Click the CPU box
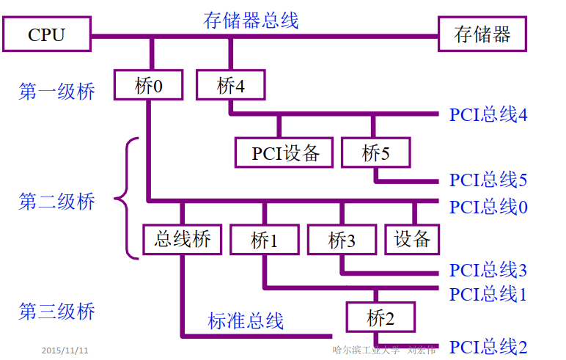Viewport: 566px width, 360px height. pyautogui.click(x=46, y=34)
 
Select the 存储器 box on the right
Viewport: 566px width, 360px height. pyautogui.click(x=482, y=34)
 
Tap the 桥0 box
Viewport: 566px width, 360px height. pyautogui.click(x=148, y=85)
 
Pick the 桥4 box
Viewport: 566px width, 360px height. pyautogui.click(x=230, y=85)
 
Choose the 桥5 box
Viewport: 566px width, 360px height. pyautogui.click(x=376, y=153)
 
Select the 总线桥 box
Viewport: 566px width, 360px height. pyautogui.click(x=183, y=239)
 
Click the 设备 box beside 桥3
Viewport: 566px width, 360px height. pyautogui.click(x=412, y=239)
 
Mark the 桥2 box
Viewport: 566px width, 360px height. pyautogui.click(x=381, y=318)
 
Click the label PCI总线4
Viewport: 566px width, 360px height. pyautogui.click(x=488, y=115)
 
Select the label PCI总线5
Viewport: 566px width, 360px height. pyautogui.click(x=488, y=180)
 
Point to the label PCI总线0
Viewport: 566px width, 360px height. pyautogui.click(x=488, y=207)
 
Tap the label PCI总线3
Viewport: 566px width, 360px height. pyautogui.click(x=488, y=270)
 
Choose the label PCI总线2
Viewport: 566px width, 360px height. pyautogui.click(x=488, y=347)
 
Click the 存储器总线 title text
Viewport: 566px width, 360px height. pyautogui.click(x=251, y=19)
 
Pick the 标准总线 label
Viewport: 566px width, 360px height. pyautogui.click(x=245, y=320)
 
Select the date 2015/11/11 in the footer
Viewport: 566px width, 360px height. pyautogui.click(x=65, y=350)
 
